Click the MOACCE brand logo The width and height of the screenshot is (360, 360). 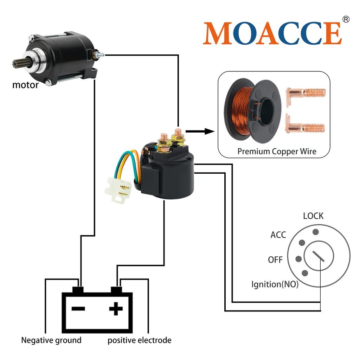click(272, 33)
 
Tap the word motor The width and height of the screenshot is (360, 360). click(25, 85)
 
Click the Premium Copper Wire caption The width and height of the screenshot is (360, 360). click(277, 152)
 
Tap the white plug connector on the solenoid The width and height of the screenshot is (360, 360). click(118, 190)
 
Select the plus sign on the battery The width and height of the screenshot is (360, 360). click(116, 309)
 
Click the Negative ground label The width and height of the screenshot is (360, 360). click(51, 340)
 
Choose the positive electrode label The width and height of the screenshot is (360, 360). click(140, 340)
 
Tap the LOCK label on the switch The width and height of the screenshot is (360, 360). click(313, 216)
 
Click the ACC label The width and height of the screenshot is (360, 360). click(278, 235)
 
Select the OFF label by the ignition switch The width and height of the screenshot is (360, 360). click(275, 260)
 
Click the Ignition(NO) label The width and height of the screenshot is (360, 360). click(275, 284)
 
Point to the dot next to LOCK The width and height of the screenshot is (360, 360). click(316, 232)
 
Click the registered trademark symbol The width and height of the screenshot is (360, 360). click(346, 19)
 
